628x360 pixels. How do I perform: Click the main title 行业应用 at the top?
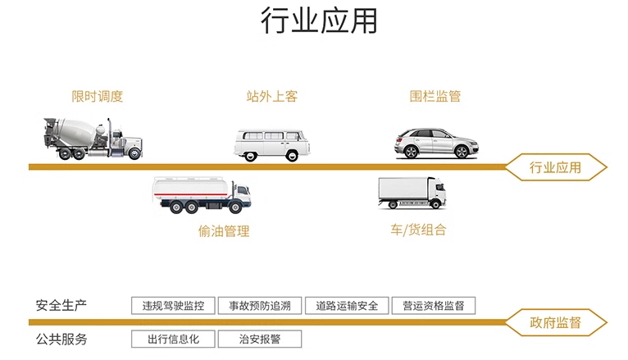click(319, 20)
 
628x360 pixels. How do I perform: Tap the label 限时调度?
click(98, 96)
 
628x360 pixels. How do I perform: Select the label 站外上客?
click(272, 96)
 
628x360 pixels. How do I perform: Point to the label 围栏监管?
click(435, 96)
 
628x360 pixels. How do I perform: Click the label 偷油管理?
click(224, 231)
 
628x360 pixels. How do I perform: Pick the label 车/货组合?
click(418, 230)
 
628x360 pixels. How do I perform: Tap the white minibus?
click(272, 145)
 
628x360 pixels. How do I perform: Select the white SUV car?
click(436, 143)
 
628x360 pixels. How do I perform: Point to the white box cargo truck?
click(412, 194)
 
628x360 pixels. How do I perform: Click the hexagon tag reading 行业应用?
click(556, 167)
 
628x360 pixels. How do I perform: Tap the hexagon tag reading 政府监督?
click(556, 322)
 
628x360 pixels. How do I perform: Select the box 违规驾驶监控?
click(173, 306)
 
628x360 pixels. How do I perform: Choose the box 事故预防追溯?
click(260, 306)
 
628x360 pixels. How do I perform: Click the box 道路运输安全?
click(347, 306)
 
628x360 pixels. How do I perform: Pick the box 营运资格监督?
click(434, 306)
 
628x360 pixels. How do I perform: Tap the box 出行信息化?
click(173, 339)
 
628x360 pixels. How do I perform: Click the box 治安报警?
click(260, 339)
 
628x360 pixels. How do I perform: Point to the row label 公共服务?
click(61, 339)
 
